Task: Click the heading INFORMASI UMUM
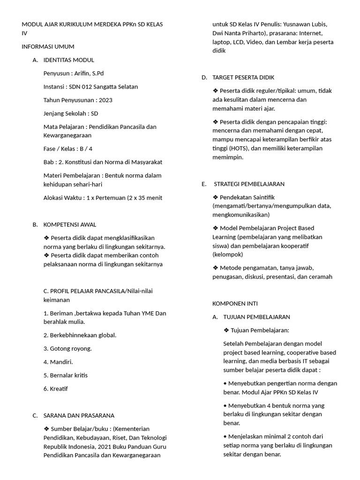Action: click(48, 46)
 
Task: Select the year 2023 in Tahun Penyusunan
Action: click(105, 100)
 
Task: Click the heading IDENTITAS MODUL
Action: click(68, 60)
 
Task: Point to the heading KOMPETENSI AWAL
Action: click(70, 225)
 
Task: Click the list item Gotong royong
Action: click(71, 348)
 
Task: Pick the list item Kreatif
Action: click(59, 389)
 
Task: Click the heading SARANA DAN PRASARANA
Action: click(79, 415)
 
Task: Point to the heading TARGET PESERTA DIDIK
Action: click(243, 77)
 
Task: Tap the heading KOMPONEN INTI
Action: click(235, 303)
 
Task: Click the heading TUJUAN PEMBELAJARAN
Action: click(257, 317)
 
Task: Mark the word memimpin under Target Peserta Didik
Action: click(228, 157)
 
